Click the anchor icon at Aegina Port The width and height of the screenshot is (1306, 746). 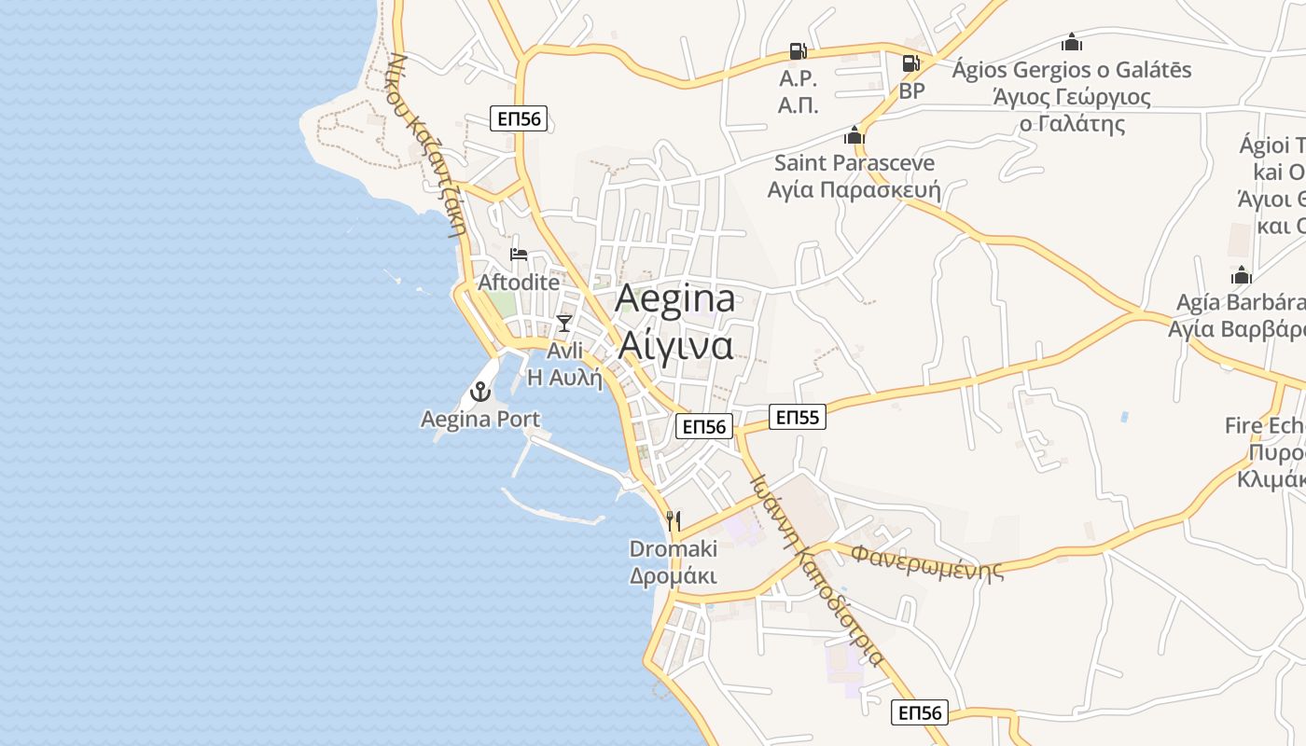pos(481,392)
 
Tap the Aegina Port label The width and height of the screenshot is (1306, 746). pos(480,420)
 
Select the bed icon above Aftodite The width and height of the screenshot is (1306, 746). pos(519,254)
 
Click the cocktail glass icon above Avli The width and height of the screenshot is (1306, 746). pos(564,323)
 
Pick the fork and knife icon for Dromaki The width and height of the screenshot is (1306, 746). pos(674,520)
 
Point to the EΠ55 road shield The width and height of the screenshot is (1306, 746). pos(797,417)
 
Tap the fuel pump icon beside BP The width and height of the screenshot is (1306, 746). pos(910,63)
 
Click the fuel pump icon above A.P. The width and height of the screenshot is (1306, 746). pos(798,50)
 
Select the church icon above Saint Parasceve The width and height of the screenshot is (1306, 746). pos(854,136)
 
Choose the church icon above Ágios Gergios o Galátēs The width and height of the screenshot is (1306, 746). pos(1072,42)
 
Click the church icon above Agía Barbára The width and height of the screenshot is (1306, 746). pos(1241,275)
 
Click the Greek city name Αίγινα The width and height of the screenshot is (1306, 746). pos(674,345)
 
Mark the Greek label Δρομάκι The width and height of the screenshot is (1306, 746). pos(674,575)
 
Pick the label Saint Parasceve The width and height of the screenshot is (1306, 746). pos(854,163)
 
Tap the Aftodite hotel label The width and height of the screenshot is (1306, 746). pos(519,282)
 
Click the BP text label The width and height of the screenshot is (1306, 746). pos(911,91)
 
